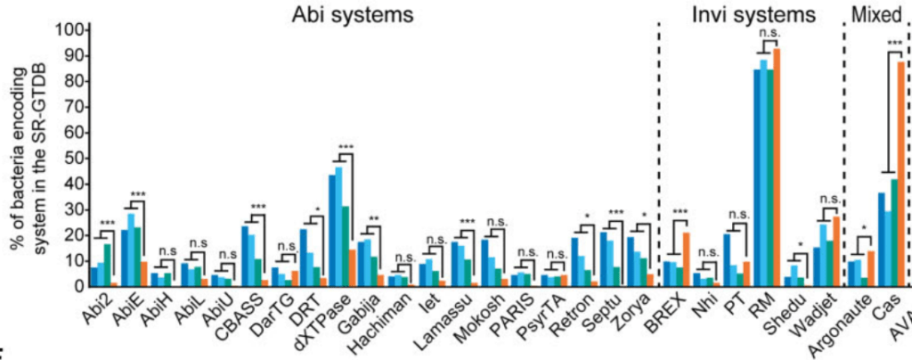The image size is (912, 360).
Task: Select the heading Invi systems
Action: [753, 14]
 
